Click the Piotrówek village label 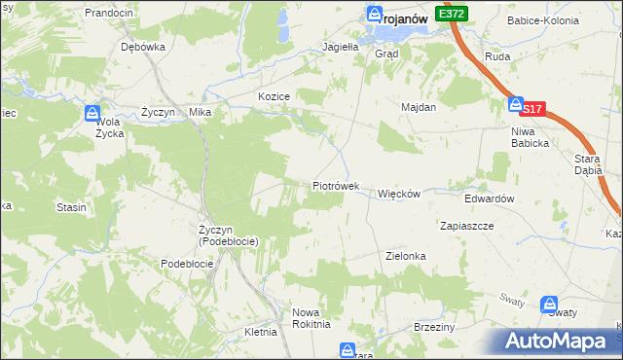(x=336, y=185)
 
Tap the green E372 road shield (x=452, y=14)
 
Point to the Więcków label (x=398, y=194)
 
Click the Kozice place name (x=275, y=95)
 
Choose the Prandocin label (x=109, y=13)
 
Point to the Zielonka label (x=406, y=256)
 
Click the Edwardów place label (x=489, y=198)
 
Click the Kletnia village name (x=261, y=332)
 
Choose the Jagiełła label (x=342, y=46)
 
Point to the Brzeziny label (x=434, y=327)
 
